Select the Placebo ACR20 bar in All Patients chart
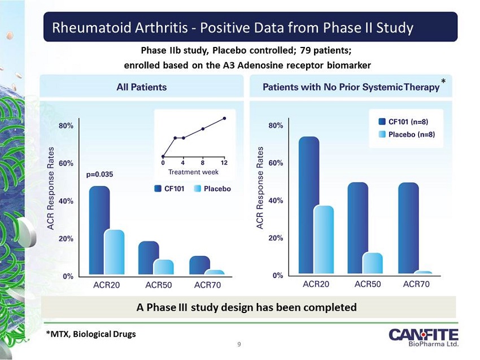(x=115, y=253)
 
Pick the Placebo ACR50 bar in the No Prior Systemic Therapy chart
(x=372, y=263)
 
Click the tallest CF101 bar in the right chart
(x=309, y=206)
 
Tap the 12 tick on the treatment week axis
(x=224, y=163)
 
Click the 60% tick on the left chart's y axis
(x=66, y=163)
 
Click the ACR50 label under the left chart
(x=159, y=284)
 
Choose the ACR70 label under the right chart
(x=416, y=284)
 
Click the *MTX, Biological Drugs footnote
(x=91, y=334)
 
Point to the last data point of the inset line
(x=224, y=118)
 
